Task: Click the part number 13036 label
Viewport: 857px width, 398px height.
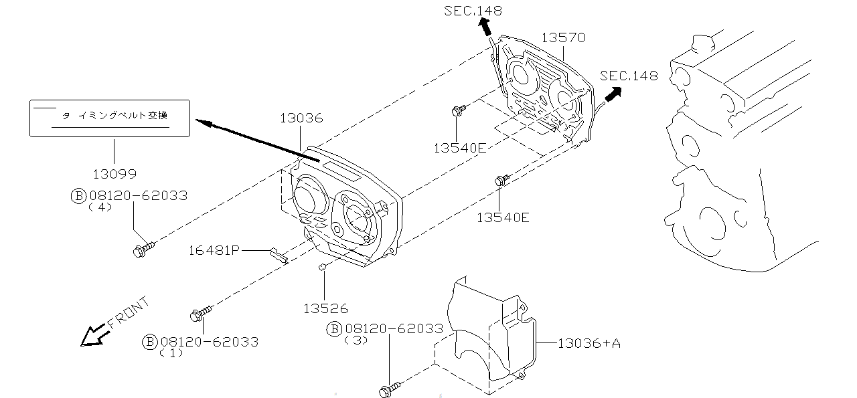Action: coord(301,118)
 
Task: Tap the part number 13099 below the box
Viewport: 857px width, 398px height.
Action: coord(114,174)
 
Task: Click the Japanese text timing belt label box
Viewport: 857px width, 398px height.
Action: coord(110,118)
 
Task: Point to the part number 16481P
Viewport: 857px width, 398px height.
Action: coord(214,250)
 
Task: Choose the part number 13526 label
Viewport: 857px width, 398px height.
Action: coord(325,308)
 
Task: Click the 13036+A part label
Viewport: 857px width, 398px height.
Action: coord(589,343)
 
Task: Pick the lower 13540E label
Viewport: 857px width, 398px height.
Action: coord(503,217)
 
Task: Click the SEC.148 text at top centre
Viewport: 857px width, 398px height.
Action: coord(473,11)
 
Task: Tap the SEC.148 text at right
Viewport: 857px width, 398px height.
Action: coord(629,76)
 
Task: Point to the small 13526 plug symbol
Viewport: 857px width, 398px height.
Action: coord(322,268)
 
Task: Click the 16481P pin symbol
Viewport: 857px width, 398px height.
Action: coord(279,255)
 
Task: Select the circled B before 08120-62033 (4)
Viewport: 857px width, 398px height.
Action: coord(78,195)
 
